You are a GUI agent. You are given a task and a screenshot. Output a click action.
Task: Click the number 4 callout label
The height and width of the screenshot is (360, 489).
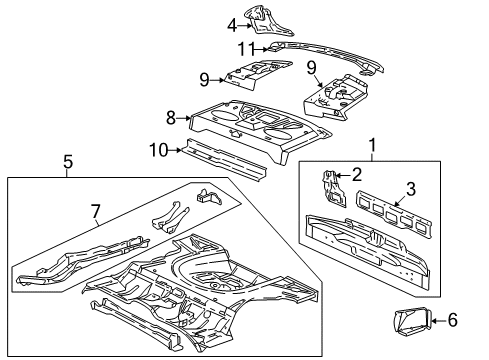(232, 26)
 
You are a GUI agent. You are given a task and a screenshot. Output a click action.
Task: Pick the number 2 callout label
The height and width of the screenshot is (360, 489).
(356, 174)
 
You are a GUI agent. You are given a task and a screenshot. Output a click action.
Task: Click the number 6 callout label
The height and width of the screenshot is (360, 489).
(453, 319)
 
